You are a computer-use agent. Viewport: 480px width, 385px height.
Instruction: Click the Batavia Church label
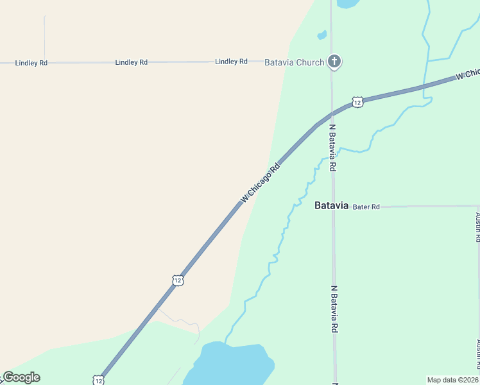point(295,62)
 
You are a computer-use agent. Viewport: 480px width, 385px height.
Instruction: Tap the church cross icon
point(334,62)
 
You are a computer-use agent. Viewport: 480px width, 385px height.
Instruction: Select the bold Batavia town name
point(331,206)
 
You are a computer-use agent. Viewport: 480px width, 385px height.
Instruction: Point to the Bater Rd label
point(366,207)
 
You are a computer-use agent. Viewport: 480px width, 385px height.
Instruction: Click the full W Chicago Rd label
point(261,184)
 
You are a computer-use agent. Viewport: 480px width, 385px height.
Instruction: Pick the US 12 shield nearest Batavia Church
point(357,102)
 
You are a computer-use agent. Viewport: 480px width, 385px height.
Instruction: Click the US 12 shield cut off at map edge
point(98,380)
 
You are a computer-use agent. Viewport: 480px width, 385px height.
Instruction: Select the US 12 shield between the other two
point(178,280)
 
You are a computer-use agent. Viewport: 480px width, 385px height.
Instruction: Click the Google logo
point(21,377)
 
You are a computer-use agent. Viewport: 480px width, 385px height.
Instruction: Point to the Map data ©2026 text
point(453,380)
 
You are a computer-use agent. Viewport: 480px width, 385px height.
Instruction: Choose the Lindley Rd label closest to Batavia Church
point(231,62)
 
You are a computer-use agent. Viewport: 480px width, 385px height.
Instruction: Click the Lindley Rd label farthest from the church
point(31,63)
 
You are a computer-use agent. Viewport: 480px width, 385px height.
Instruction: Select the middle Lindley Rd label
point(132,62)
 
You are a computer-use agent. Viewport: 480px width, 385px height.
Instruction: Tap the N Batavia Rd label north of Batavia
point(332,147)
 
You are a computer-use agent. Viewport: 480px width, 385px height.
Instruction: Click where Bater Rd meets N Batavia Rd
point(333,207)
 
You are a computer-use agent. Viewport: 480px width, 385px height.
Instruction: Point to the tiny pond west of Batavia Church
point(321,35)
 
